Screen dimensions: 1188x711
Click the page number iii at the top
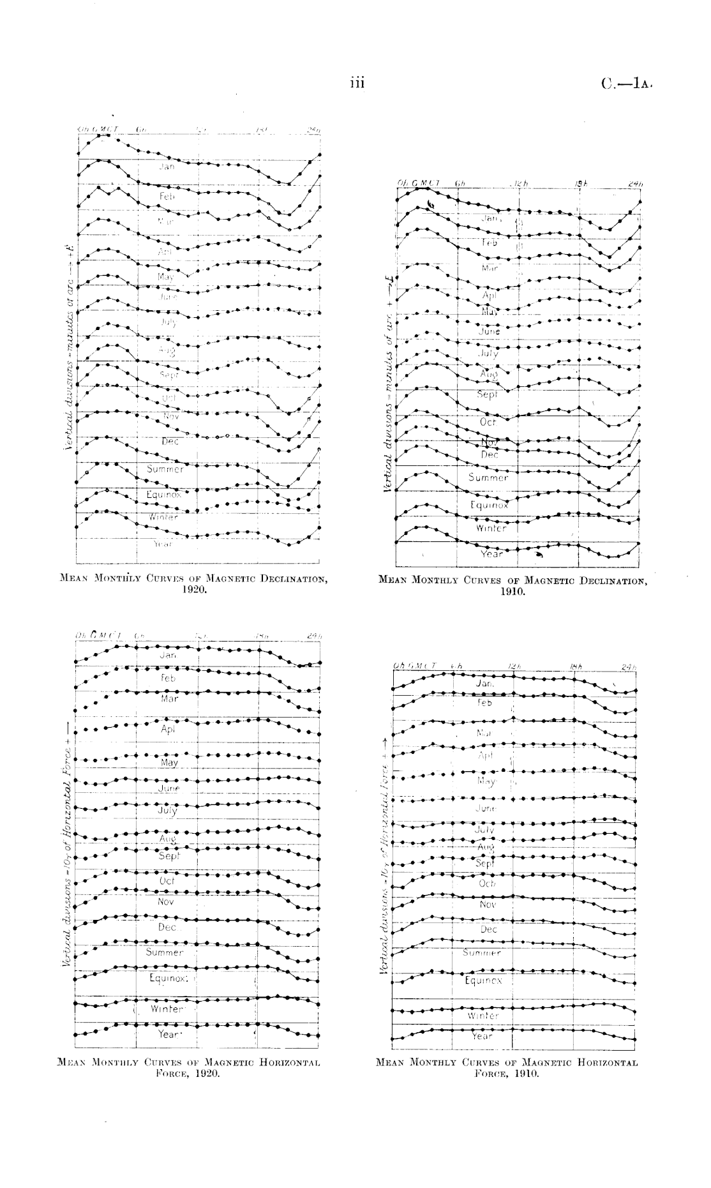pyautogui.click(x=356, y=83)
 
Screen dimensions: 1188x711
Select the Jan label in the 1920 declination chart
pyautogui.click(x=167, y=167)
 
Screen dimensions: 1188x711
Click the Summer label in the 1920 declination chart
pyautogui.click(x=165, y=469)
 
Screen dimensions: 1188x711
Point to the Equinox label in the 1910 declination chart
pyautogui.click(x=489, y=505)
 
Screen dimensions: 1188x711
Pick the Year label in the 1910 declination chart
pyautogui.click(x=491, y=553)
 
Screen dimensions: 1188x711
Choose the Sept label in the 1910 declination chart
pyautogui.click(x=488, y=395)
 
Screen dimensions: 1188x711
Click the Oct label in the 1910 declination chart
pyautogui.click(x=488, y=422)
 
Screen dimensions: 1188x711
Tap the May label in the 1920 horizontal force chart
pyautogui.click(x=169, y=763)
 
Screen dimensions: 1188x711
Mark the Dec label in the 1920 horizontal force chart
pyautogui.click(x=167, y=927)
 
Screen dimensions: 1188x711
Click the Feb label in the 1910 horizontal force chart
pyautogui.click(x=485, y=702)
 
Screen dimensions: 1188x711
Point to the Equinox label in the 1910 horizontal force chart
pyautogui.click(x=483, y=980)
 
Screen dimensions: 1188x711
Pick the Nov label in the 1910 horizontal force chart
pyautogui.click(x=488, y=905)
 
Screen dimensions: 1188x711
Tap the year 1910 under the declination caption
pyautogui.click(x=513, y=592)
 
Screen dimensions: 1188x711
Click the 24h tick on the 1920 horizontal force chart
pyautogui.click(x=313, y=636)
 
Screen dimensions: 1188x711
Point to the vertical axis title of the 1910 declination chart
pyautogui.click(x=387, y=384)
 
